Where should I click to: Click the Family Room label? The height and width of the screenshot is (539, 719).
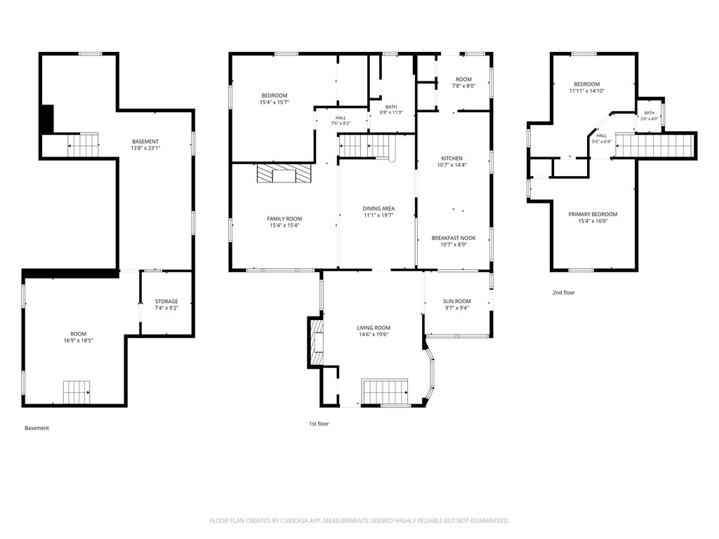coord(284,219)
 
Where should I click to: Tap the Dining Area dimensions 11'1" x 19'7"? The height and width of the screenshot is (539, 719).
coord(378,215)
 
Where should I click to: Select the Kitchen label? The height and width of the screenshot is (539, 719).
coord(451,159)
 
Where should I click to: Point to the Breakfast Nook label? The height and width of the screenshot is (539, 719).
coord(454,238)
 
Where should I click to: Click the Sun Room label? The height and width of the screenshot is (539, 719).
coord(456,301)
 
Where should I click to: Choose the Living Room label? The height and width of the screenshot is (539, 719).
coord(374,328)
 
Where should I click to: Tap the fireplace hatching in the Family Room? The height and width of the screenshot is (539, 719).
coord(284,174)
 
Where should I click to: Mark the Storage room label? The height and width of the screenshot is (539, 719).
coord(166,301)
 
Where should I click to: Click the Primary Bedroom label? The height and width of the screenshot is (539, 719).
coord(593,214)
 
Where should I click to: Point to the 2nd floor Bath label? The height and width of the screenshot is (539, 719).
coord(649,113)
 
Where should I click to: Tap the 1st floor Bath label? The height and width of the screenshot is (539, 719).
coord(391,107)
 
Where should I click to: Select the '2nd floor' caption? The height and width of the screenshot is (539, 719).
coord(564,293)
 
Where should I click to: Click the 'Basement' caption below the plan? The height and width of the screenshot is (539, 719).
coord(37,428)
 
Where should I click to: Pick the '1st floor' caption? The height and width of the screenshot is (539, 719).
coord(319,423)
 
